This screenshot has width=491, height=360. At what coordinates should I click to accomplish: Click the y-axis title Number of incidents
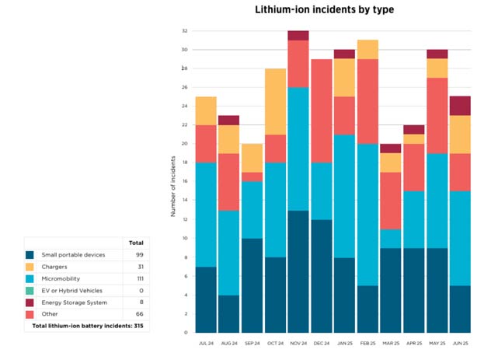coord(172,185)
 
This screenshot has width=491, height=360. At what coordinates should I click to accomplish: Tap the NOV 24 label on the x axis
coord(299,341)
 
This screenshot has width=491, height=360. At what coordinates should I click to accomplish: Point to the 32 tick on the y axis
coord(185,31)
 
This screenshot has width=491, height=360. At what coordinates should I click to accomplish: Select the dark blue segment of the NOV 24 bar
coord(299,271)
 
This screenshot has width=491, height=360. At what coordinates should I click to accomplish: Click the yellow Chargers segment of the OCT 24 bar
coord(276,101)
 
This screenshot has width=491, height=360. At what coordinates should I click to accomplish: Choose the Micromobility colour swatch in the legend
coord(30,278)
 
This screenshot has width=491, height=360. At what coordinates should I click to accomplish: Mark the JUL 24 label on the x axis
coord(206,341)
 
